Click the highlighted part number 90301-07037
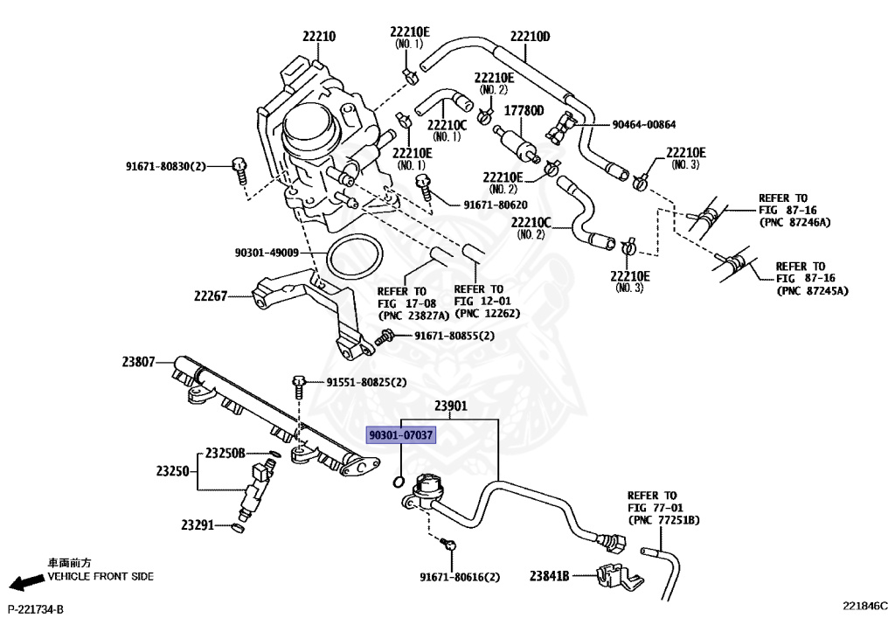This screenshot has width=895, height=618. click(400, 435)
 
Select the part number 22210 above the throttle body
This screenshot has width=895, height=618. click(319, 37)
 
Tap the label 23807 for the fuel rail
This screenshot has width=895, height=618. click(138, 362)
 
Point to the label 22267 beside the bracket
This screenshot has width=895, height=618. click(211, 296)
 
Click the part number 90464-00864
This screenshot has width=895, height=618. click(644, 124)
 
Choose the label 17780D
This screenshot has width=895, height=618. click(524, 111)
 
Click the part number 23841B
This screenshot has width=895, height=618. click(549, 576)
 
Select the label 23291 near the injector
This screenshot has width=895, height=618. click(198, 525)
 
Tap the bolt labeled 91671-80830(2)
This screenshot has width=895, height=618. click(239, 170)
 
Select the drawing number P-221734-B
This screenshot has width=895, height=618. click(35, 610)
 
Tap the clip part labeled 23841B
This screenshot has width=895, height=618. click(618, 578)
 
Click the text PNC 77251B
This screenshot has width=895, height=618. click(664, 520)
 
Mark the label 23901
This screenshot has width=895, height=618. click(451, 406)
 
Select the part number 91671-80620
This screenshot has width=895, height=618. click(496, 205)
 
